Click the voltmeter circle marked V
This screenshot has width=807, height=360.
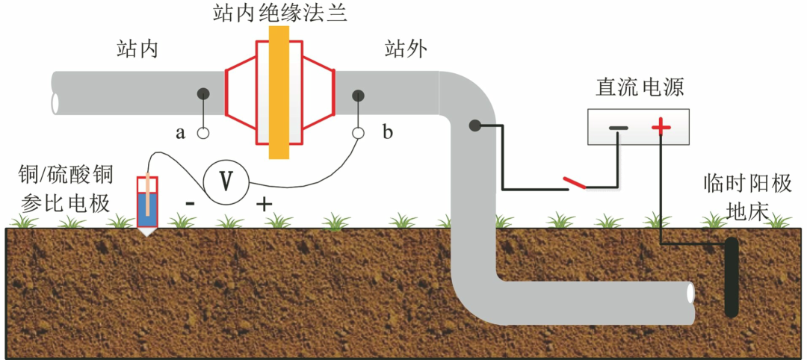(x=225, y=181)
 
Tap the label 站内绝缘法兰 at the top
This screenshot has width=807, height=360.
(x=278, y=13)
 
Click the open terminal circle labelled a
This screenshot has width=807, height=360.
(x=202, y=134)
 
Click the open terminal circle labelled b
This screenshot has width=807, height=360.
(x=359, y=134)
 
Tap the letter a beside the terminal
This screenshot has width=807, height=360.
(x=180, y=134)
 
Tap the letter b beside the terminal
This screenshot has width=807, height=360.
(x=387, y=134)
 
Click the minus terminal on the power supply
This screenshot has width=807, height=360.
(x=619, y=128)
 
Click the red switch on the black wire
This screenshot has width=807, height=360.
(x=575, y=182)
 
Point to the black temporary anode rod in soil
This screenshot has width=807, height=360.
(x=731, y=276)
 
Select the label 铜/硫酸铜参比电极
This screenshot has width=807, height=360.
(x=65, y=188)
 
